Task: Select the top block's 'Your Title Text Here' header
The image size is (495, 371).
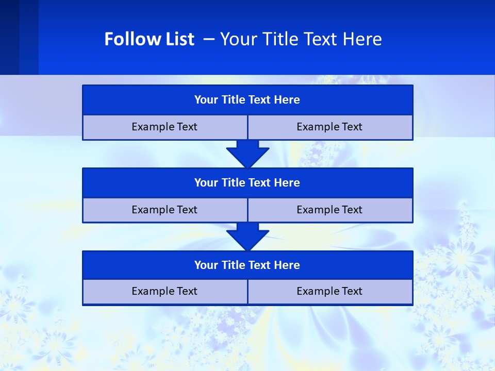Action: click(247, 100)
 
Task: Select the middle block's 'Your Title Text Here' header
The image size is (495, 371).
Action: click(247, 182)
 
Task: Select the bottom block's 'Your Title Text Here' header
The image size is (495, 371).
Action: click(247, 265)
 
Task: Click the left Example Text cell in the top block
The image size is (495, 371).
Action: click(164, 127)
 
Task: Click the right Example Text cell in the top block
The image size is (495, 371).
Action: click(329, 127)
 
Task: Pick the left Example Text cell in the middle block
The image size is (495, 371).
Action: click(164, 210)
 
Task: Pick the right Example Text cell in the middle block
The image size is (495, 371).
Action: click(329, 210)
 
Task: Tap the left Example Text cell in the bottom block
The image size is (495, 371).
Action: click(164, 291)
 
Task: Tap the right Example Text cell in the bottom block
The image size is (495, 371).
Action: click(329, 291)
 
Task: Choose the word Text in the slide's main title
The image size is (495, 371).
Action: click(320, 39)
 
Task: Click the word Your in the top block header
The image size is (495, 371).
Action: click(206, 100)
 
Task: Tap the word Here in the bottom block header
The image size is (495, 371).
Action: click(287, 265)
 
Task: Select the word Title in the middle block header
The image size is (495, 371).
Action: click(233, 182)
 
